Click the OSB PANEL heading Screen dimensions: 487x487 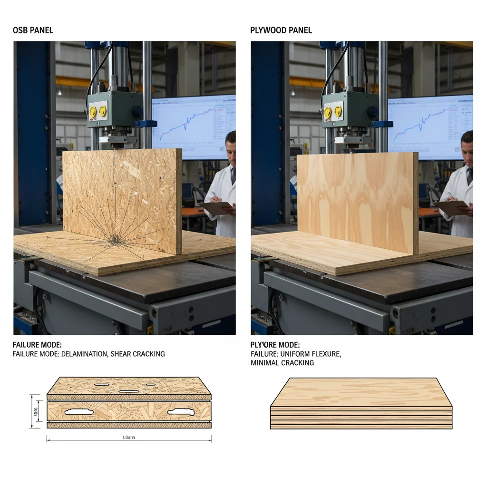(33, 30)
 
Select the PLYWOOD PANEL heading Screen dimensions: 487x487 (281, 30)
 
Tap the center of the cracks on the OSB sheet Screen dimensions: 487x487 (115, 241)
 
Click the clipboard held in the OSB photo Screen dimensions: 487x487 (215, 207)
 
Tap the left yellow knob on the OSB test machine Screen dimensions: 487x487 (93, 112)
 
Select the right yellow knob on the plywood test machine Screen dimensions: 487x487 (338, 112)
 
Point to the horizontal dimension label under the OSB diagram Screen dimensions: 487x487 (129, 437)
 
